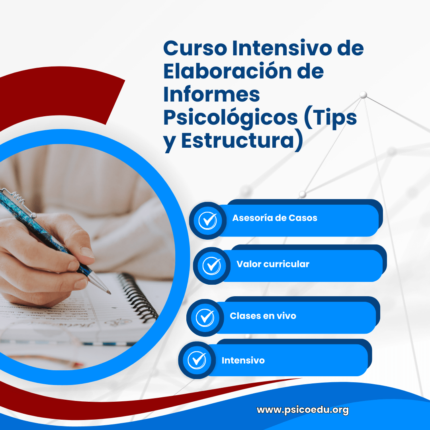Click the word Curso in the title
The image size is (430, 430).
(195, 49)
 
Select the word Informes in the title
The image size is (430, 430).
(211, 94)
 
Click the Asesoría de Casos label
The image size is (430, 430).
(275, 218)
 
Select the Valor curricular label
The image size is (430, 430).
(273, 264)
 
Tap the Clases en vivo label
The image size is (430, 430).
(263, 316)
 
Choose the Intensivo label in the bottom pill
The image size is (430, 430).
(243, 360)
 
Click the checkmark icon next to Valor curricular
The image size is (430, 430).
(211, 266)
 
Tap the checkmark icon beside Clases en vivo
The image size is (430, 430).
(205, 317)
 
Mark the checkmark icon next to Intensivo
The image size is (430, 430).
(197, 360)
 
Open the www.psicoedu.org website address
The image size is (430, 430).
(303, 410)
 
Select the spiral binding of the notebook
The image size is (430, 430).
(137, 297)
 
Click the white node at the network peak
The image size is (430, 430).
(363, 95)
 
